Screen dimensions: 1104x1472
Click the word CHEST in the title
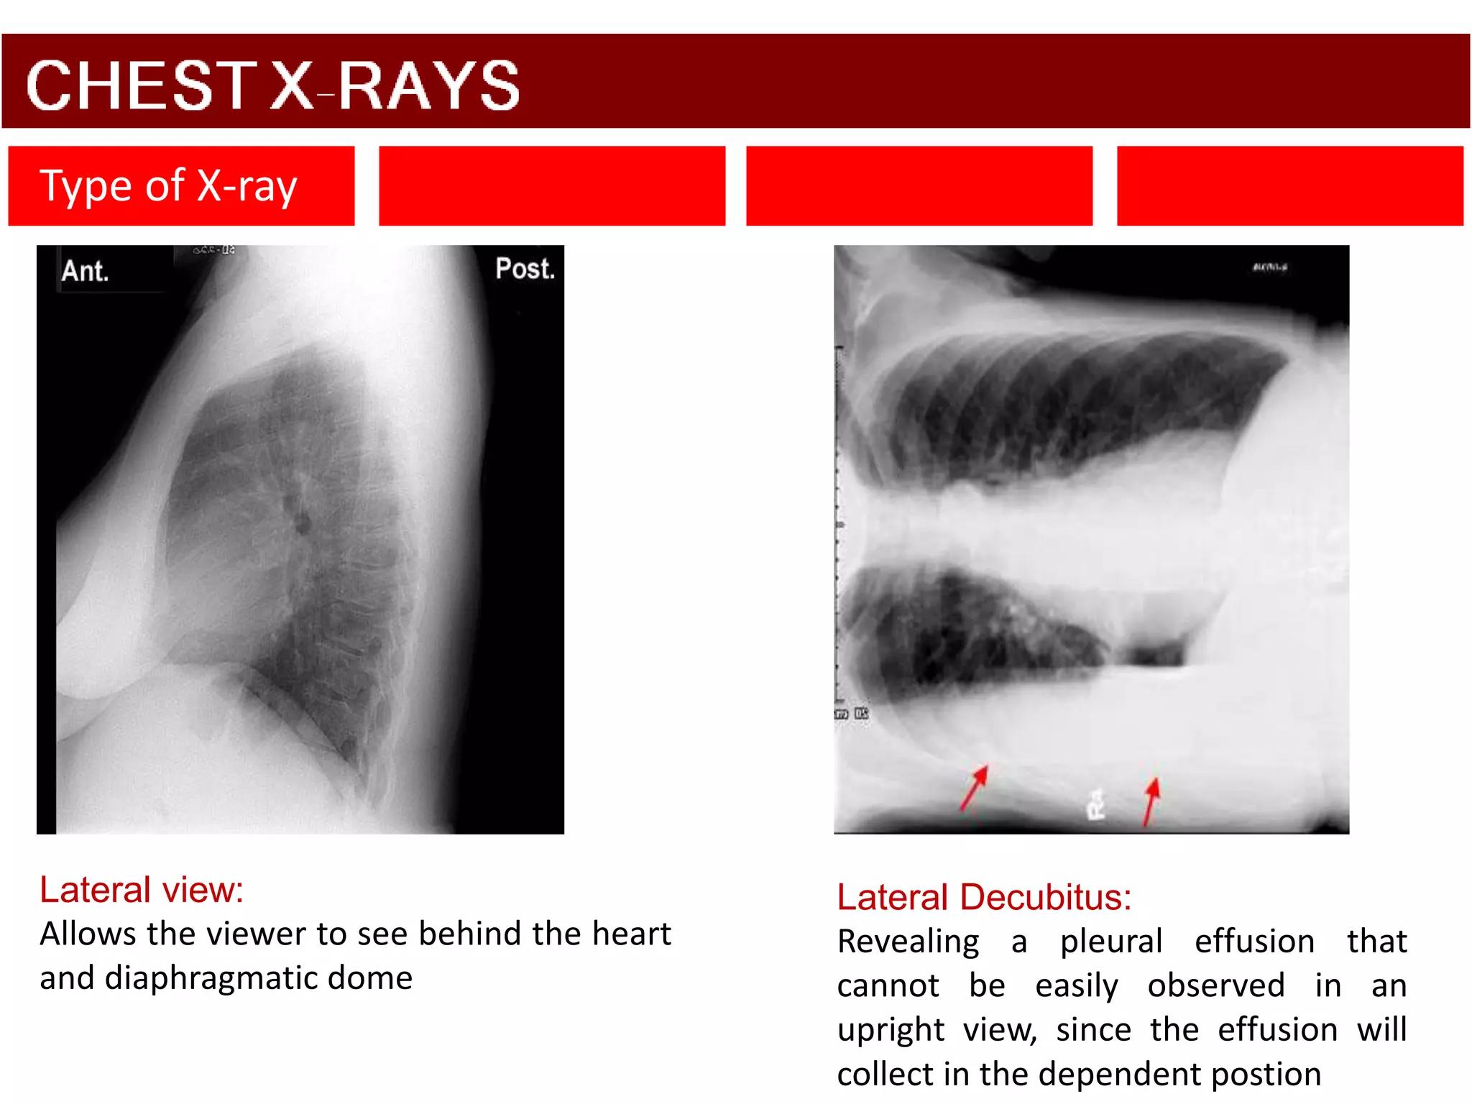click(141, 86)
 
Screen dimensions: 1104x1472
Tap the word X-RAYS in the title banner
click(395, 86)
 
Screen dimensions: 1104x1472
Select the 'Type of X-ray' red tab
click(181, 186)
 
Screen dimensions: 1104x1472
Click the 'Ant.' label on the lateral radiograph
click(85, 271)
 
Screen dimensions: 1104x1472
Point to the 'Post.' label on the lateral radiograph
click(525, 269)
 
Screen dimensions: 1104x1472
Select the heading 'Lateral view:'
click(142, 890)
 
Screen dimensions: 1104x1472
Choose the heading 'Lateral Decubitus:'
click(984, 897)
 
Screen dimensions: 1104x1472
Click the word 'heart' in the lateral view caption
click(631, 934)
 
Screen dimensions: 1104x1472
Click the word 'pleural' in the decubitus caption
click(1111, 942)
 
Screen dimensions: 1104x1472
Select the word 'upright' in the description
click(891, 1030)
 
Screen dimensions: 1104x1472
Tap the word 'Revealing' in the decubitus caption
click(908, 942)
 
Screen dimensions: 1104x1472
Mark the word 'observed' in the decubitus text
click(1215, 985)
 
